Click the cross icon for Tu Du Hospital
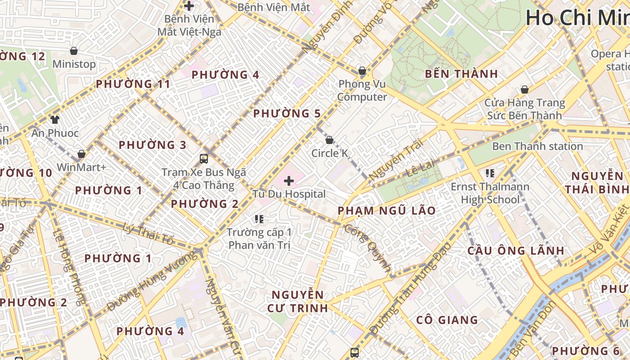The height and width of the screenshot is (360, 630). point(289,181)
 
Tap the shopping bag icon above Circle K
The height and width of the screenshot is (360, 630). point(329,140)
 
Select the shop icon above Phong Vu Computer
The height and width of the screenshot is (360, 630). point(362,71)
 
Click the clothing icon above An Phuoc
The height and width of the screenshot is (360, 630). point(55,120)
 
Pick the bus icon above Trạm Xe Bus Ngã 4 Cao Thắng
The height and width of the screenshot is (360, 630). point(204,158)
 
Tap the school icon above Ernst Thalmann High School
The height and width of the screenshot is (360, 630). point(490,173)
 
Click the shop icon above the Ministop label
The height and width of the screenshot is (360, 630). point(74,51)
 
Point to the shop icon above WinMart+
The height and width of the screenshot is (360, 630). point(81,154)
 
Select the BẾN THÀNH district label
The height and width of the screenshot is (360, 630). point(461,74)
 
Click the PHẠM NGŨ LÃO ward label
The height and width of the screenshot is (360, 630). point(387,211)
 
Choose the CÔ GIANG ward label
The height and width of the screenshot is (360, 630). point(447,320)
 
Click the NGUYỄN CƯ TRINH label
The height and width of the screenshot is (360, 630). point(298,301)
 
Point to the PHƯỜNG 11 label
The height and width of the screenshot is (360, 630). point(133,84)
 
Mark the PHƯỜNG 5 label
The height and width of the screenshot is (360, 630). point(287,113)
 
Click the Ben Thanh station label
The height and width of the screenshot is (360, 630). point(537,146)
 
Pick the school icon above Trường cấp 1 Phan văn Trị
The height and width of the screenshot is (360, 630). point(259,219)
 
